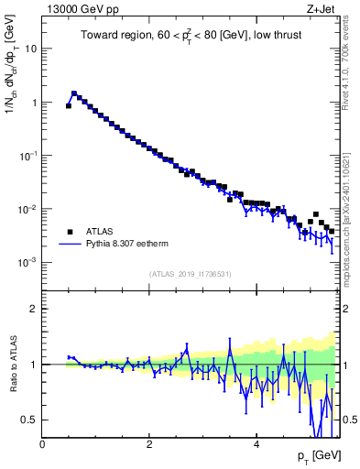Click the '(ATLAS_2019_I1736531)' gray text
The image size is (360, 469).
point(190,274)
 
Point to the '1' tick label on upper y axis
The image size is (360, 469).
point(34,103)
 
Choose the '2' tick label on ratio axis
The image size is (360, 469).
point(34,309)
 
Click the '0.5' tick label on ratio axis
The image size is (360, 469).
point(30,420)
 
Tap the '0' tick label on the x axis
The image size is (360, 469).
point(42,444)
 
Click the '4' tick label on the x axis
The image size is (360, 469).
point(256,444)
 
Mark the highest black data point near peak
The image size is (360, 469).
point(74,93)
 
